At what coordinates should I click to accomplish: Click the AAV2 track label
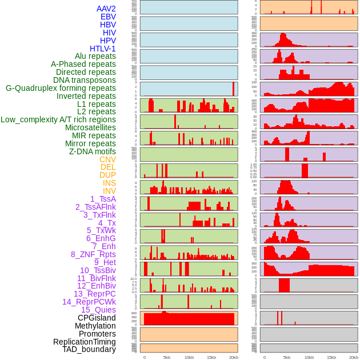click(x=106, y=9)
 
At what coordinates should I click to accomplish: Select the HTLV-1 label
click(x=102, y=49)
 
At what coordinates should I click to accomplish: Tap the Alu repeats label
click(x=95, y=56)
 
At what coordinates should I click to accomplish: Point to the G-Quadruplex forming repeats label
click(x=61, y=88)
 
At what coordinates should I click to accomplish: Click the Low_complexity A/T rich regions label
click(x=58, y=119)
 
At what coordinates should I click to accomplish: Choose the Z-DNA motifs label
click(x=92, y=151)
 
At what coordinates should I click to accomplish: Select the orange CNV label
click(x=107, y=159)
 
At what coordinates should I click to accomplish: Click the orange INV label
click(x=109, y=191)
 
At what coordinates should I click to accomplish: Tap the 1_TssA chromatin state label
click(x=103, y=199)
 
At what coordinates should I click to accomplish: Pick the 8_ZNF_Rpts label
click(x=93, y=254)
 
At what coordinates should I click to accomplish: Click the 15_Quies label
click(x=98, y=310)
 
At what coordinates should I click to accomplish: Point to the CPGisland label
click(x=97, y=318)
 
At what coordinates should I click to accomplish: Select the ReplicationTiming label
click(x=84, y=342)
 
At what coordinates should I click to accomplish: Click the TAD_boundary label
click(x=89, y=349)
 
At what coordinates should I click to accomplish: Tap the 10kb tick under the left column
click(x=189, y=357)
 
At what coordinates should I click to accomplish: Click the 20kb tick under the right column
click(x=354, y=357)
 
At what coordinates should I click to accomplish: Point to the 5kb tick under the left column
click(x=167, y=357)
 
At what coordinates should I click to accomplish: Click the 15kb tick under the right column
click(x=331, y=357)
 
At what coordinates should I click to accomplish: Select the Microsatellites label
click(x=90, y=127)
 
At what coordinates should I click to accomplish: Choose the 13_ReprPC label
click(x=94, y=294)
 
